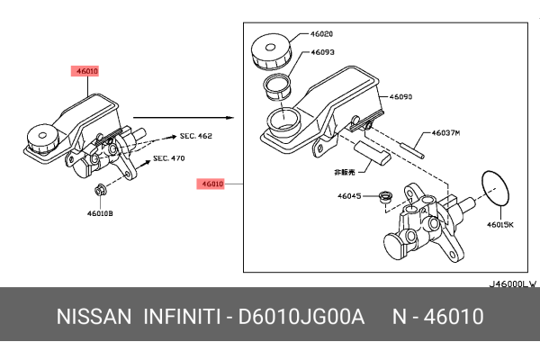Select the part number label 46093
pyautogui.click(x=323, y=52)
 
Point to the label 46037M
pyautogui.click(x=445, y=132)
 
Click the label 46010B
pyautogui.click(x=100, y=214)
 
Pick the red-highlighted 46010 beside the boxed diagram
pyautogui.click(x=212, y=183)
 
